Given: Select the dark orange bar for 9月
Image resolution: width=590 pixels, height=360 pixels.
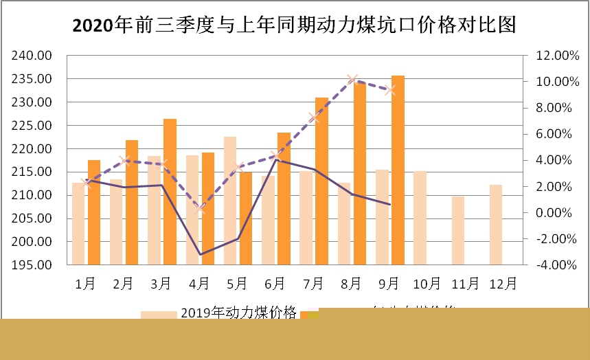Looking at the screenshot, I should [398, 170].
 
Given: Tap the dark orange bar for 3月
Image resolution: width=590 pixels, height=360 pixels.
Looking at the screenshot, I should [170, 192].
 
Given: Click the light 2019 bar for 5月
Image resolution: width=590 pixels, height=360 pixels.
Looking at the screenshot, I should [230, 201].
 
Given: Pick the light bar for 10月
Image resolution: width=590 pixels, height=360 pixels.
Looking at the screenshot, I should [420, 218].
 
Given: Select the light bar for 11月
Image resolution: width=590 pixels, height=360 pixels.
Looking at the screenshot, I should [458, 230].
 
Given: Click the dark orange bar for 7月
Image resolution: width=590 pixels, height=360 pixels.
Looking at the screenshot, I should [321, 181].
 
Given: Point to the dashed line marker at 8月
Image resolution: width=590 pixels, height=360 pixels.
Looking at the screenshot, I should [353, 80].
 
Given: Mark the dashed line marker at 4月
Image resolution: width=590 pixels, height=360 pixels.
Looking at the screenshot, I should [201, 208].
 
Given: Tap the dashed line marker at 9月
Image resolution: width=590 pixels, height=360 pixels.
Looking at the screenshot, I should [391, 90].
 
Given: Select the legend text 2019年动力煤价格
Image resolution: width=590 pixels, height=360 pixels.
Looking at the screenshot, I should [238, 313].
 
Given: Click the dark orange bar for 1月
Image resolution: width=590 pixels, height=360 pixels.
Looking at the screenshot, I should [94, 212].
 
